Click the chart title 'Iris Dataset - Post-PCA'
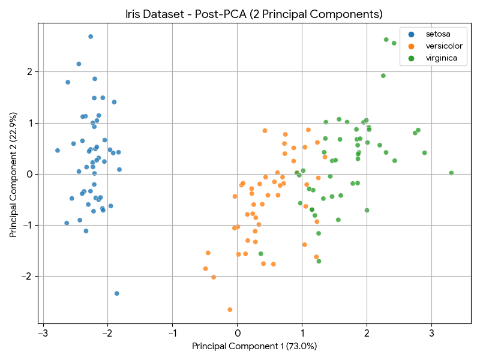254,14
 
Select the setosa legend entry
438,34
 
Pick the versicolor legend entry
442,46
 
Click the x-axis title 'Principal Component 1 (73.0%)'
254,346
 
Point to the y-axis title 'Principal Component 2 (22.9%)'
14,174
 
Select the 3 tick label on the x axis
431,332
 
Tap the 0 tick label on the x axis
237,332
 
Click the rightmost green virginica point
451,173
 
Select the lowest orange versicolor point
230,310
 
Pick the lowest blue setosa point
117,293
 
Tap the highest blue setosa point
91,37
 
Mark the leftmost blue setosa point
58,151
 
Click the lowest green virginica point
319,261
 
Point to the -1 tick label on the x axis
172,332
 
